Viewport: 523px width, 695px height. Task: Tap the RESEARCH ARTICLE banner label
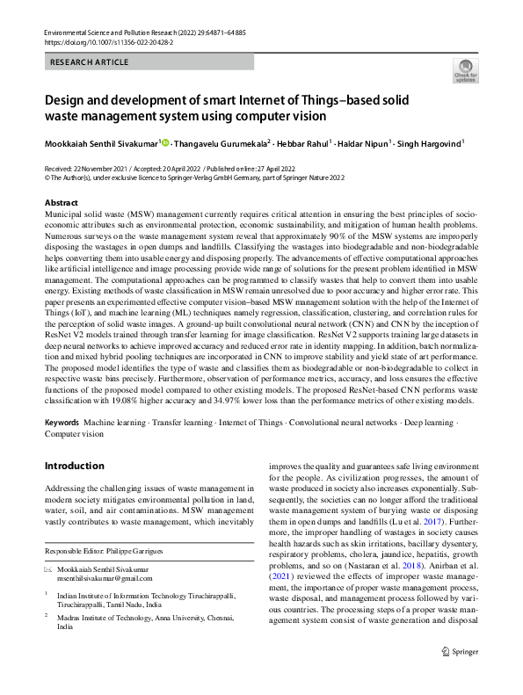tap(90, 62)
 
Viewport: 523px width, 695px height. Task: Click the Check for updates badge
tap(465, 71)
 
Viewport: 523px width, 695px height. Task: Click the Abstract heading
tap(62, 202)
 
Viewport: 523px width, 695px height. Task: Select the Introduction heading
tap(74, 466)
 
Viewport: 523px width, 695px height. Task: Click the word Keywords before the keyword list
tap(62, 423)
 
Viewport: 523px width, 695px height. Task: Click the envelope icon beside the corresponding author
tap(48, 570)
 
